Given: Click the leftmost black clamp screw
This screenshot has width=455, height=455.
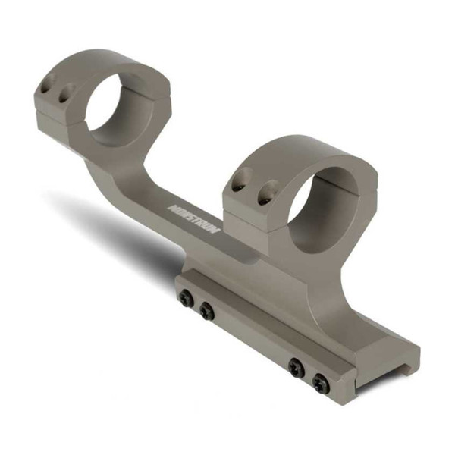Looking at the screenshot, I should click(187, 299).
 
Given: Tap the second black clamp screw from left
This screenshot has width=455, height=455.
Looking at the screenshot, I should click(206, 311).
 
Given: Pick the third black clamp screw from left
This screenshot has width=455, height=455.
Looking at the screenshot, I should click(296, 368).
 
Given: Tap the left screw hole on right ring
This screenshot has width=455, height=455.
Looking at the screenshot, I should click(239, 184).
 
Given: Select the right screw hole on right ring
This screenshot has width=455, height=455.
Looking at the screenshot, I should click(263, 196).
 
